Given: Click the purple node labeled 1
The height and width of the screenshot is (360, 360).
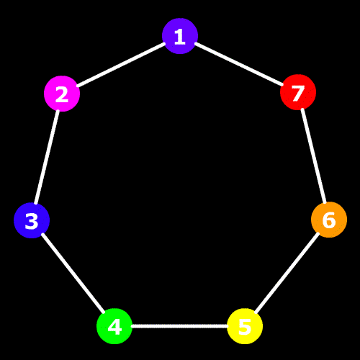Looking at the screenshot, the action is (180, 36).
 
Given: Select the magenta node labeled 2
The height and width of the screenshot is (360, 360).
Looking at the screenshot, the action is (62, 94).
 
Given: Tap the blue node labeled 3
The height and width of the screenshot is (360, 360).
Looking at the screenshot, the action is (32, 220).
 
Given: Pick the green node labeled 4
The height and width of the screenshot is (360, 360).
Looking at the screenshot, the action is (114, 326).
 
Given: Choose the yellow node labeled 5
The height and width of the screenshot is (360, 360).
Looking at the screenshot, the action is (245, 326).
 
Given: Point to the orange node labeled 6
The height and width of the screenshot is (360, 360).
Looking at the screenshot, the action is (329, 220).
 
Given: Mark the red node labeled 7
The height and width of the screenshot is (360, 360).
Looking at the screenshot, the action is (298, 92).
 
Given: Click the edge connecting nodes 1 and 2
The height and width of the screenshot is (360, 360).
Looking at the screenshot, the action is (121, 65).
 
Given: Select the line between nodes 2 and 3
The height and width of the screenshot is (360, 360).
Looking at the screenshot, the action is (47, 157).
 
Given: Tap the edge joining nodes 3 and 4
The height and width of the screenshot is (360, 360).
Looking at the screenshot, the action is (73, 273).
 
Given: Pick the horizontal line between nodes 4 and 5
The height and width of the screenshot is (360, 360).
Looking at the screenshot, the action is (179, 326).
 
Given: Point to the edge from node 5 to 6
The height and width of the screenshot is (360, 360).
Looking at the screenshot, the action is (287, 273).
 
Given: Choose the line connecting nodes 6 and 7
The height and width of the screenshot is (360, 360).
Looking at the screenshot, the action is (314, 156).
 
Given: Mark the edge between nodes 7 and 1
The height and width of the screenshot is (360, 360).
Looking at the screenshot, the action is (239, 64).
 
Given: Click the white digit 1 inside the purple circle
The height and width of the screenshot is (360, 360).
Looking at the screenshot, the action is (180, 37).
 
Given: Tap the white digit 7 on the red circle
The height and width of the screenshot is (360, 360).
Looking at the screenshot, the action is (298, 93).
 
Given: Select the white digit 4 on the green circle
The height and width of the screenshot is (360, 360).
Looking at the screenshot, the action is (114, 327).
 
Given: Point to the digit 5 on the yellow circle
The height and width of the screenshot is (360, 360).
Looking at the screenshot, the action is (245, 327).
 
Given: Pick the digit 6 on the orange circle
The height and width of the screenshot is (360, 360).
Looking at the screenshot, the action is (329, 220).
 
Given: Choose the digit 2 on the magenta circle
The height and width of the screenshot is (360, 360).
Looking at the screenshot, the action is (62, 94).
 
